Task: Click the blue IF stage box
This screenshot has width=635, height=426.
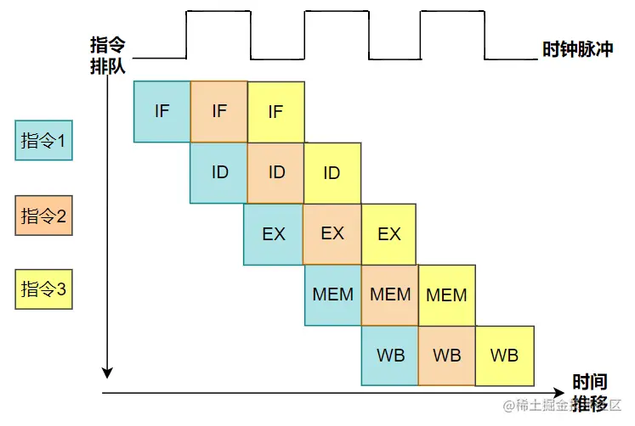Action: [x=162, y=111]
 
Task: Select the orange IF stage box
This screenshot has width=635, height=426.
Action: [x=218, y=111]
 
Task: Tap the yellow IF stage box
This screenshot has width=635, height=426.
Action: [x=275, y=111]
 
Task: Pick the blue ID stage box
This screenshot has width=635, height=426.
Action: [x=218, y=172]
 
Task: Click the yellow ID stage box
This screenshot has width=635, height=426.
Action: [x=332, y=173]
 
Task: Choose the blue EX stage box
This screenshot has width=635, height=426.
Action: [x=273, y=233]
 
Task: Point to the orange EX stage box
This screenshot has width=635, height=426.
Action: [x=332, y=233]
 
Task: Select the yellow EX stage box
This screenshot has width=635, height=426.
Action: [x=388, y=233]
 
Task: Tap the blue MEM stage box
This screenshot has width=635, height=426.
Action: [x=332, y=294]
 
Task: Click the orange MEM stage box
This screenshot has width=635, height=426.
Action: [x=390, y=294]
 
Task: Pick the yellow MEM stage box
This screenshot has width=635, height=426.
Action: [x=446, y=294]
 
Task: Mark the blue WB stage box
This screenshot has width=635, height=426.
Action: [x=390, y=355]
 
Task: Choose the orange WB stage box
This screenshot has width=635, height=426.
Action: [x=446, y=355]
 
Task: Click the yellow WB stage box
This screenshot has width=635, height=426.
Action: [x=504, y=355]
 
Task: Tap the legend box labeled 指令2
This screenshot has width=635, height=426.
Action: [x=43, y=216]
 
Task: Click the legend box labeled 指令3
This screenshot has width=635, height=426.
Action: [x=43, y=289]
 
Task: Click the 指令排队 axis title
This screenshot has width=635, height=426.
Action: [x=108, y=56]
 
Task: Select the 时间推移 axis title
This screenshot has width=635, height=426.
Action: [x=589, y=392]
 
